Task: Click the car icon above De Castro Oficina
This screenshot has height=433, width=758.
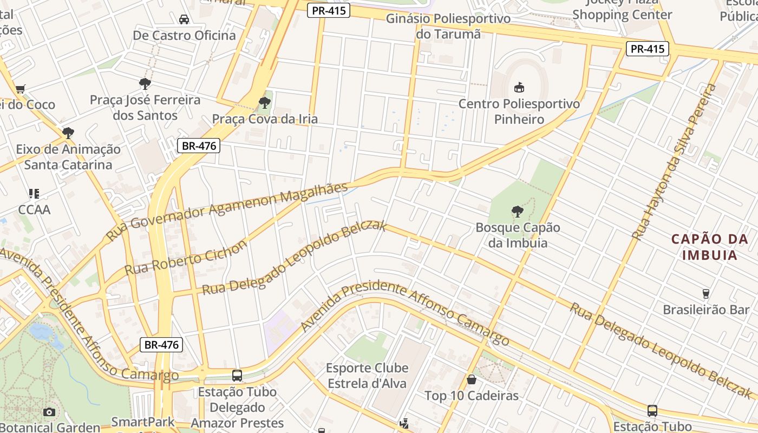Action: (x=184, y=19)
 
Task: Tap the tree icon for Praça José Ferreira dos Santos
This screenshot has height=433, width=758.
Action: (x=145, y=84)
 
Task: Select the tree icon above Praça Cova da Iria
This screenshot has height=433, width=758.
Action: (x=264, y=102)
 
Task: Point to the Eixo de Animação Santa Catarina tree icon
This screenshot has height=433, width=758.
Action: (x=68, y=133)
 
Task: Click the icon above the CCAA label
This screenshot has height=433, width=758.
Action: (x=34, y=193)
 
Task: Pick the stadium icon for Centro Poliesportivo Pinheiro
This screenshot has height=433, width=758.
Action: (x=519, y=87)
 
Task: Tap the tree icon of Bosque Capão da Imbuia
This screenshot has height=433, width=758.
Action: (x=518, y=211)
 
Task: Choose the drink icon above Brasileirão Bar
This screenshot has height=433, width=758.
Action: (x=705, y=293)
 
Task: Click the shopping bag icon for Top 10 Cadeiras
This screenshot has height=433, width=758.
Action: (x=472, y=379)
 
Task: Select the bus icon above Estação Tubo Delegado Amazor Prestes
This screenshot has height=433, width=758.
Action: (x=237, y=375)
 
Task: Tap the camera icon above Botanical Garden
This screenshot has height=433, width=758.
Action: (x=49, y=412)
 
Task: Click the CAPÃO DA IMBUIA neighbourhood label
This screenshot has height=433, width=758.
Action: (x=709, y=247)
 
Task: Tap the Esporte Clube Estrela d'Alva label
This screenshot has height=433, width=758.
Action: (x=367, y=376)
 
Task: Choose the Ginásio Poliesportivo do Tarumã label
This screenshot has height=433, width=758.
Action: (x=448, y=26)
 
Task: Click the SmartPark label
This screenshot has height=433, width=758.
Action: (x=143, y=422)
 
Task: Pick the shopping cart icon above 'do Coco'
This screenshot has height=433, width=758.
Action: (x=21, y=89)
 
